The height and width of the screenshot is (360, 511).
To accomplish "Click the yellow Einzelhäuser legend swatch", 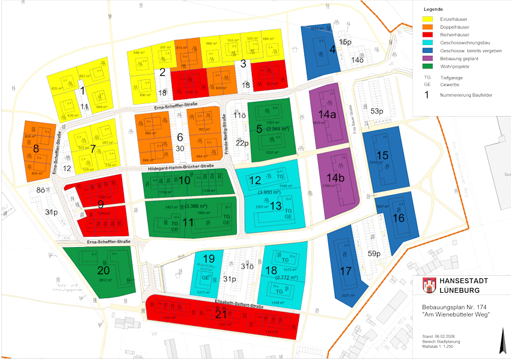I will point(429,20).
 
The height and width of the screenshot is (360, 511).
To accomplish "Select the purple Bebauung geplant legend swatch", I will point(429,59).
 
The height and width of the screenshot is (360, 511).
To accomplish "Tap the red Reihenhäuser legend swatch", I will point(429,35).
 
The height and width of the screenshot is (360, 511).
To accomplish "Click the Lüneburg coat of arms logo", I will point(427,284).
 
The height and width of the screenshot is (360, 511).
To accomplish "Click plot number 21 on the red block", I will point(221,314).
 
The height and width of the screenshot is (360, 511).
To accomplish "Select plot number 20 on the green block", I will point(103,270).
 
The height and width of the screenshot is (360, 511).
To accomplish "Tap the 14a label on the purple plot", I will point(327,114).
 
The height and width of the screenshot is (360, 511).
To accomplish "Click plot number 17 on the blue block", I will point(345,270).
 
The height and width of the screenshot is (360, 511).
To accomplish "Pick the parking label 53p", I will point(376,111).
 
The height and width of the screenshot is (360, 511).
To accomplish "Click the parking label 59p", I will point(374,254).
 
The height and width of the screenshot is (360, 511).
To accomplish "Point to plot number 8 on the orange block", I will point(36,148).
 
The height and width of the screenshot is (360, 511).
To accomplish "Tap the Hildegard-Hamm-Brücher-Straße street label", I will point(181,166).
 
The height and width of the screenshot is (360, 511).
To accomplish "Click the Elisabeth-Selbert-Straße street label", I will point(239,307).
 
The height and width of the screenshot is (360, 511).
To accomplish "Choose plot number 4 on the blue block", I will point(332,50).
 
